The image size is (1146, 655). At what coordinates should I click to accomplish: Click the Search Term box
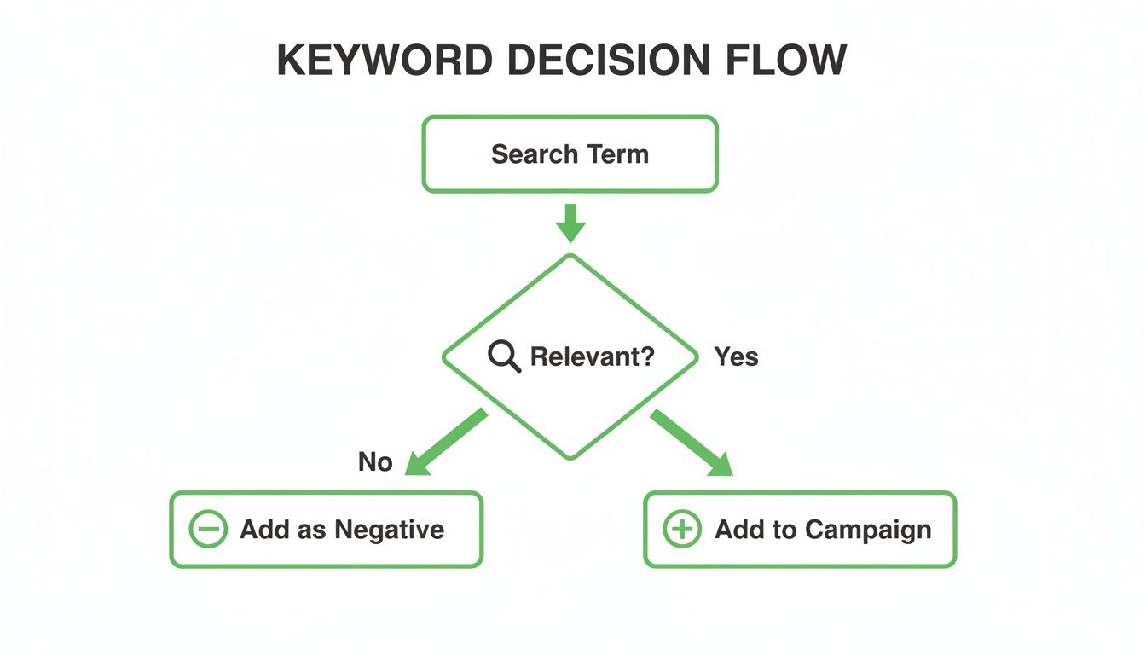point(570,154)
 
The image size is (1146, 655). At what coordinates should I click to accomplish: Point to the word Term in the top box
point(617,154)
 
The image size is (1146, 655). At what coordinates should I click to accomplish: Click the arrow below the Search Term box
point(570,223)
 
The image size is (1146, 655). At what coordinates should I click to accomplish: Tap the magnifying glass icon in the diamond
point(504,356)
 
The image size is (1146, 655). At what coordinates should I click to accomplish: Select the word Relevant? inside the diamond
point(593,356)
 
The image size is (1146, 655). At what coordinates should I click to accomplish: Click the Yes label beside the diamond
point(736,356)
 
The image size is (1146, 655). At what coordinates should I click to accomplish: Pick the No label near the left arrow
point(375,462)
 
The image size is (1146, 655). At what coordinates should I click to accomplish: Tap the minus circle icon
point(207,530)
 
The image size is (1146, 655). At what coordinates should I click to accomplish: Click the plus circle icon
point(682,530)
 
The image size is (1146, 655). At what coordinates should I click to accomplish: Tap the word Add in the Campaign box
point(734,530)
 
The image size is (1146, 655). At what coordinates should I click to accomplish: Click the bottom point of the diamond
point(570,458)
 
